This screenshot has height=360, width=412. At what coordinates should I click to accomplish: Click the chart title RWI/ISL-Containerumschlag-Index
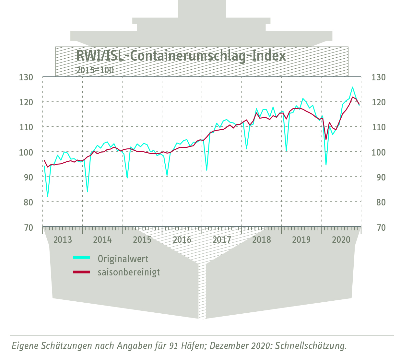(x=181, y=56)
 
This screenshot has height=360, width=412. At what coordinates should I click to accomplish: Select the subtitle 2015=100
(x=95, y=70)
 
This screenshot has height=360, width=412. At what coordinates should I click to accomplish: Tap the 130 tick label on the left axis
(x=26, y=77)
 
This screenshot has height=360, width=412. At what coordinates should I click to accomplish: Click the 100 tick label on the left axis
(x=26, y=152)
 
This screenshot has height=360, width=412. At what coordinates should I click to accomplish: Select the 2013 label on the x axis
(x=63, y=240)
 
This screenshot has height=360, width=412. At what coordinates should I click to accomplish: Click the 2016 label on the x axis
(x=182, y=240)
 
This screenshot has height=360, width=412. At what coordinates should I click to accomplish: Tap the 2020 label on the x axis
(x=341, y=240)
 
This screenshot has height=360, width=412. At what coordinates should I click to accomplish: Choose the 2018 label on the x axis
(x=262, y=240)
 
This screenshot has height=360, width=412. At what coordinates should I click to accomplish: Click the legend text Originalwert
(x=123, y=259)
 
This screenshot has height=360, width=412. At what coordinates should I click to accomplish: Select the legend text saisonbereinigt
(x=129, y=272)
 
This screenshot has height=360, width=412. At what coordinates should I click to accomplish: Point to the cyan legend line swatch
(x=81, y=258)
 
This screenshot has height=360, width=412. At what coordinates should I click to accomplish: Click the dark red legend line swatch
(x=81, y=272)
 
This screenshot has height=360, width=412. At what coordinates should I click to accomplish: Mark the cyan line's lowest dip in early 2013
(x=48, y=197)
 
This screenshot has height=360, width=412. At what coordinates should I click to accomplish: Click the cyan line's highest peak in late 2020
(x=352, y=87)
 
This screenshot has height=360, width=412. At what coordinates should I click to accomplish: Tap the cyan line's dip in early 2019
(x=286, y=151)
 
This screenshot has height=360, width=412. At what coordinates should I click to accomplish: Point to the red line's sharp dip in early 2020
(x=326, y=139)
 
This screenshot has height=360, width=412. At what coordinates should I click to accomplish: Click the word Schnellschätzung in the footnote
(x=311, y=346)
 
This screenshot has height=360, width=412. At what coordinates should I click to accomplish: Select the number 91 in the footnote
(x=173, y=346)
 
